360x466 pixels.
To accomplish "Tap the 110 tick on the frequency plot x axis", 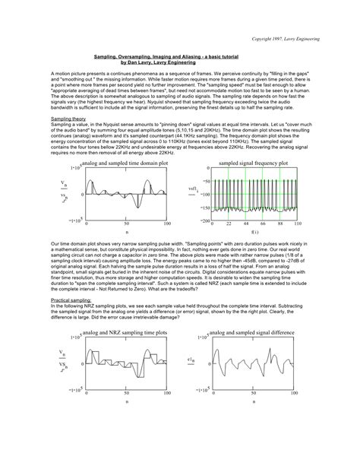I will (x=297, y=224).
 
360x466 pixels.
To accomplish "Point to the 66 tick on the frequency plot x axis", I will (x=262, y=224).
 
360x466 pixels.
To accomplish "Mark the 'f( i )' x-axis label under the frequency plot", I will (x=254, y=231).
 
